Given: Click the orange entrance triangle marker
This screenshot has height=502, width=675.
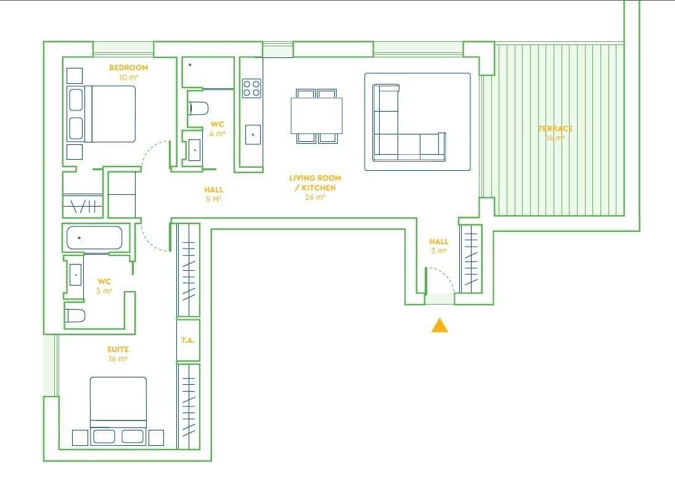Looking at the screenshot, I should (440, 326).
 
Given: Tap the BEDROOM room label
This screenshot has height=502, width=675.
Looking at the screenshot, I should (128, 67).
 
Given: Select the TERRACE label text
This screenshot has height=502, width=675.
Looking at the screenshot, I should (555, 129).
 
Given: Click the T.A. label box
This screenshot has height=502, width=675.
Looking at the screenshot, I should (188, 340).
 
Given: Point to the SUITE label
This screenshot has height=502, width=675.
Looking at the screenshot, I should (118, 350).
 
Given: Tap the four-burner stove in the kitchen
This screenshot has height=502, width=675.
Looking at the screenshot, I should (252, 88).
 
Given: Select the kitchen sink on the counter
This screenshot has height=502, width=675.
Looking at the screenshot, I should (253, 134).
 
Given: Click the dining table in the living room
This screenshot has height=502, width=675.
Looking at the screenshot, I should (317, 115).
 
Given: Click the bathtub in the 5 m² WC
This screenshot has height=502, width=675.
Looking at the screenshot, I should (94, 238).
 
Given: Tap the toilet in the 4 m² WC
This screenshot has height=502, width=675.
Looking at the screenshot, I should (198, 109).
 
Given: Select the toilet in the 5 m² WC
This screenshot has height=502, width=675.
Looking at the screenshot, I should (75, 316).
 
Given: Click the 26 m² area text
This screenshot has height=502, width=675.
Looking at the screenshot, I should (315, 197).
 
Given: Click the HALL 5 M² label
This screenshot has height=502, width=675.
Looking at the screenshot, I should (214, 194).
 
